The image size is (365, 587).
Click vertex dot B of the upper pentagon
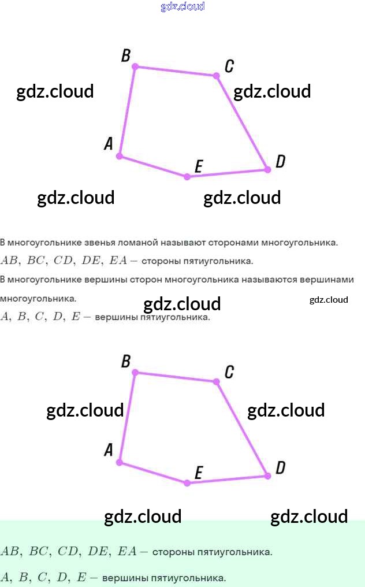point(135,66)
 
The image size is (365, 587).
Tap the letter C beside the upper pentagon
point(229,66)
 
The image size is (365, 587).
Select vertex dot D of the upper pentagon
point(267,169)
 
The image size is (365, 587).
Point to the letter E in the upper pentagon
point(198,167)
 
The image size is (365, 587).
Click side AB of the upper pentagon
point(127,112)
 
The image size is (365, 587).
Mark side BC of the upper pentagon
point(176,71)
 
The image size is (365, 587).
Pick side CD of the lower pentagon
point(242,429)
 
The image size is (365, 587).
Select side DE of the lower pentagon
point(227,480)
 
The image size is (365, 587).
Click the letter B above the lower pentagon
point(126,362)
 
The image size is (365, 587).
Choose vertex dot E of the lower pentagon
point(187,483)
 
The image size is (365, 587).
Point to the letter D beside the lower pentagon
point(280,467)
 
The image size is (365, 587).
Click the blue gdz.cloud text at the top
point(182,7)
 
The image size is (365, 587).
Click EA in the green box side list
point(126,552)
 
